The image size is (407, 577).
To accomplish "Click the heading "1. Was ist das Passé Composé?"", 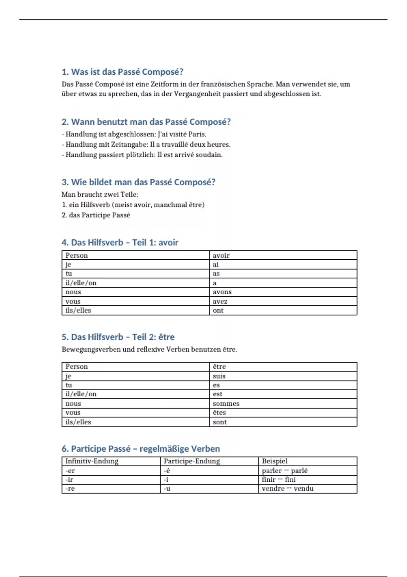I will click(x=122, y=72).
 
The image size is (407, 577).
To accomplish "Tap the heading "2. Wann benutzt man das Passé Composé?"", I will click(x=146, y=122).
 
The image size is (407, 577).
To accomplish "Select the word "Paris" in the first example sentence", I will click(x=197, y=134).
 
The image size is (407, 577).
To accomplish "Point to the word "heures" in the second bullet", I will click(x=218, y=145).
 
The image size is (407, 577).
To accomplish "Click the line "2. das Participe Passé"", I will click(x=96, y=215).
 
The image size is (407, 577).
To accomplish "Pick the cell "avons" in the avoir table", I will click(x=222, y=292).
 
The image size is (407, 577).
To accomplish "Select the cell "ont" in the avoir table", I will click(x=218, y=310).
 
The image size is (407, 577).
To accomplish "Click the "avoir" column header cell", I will click(x=221, y=255).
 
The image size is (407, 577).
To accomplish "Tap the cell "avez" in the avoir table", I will click(x=220, y=301).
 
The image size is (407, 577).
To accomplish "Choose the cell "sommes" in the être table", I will click(x=226, y=404).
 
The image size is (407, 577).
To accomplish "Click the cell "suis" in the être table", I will click(x=219, y=376).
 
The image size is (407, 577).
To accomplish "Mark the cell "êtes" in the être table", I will click(x=219, y=412).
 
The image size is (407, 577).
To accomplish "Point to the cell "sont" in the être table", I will click(x=220, y=422).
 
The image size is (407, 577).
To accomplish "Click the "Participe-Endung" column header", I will click(x=192, y=461).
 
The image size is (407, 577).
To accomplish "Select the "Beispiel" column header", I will click(x=275, y=461).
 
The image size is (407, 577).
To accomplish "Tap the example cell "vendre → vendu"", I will click(x=288, y=488).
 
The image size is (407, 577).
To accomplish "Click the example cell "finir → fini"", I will click(x=279, y=480).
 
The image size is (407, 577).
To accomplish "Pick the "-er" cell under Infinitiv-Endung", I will click(x=70, y=470).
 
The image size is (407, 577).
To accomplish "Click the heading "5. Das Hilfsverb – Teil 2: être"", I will click(x=118, y=337).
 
